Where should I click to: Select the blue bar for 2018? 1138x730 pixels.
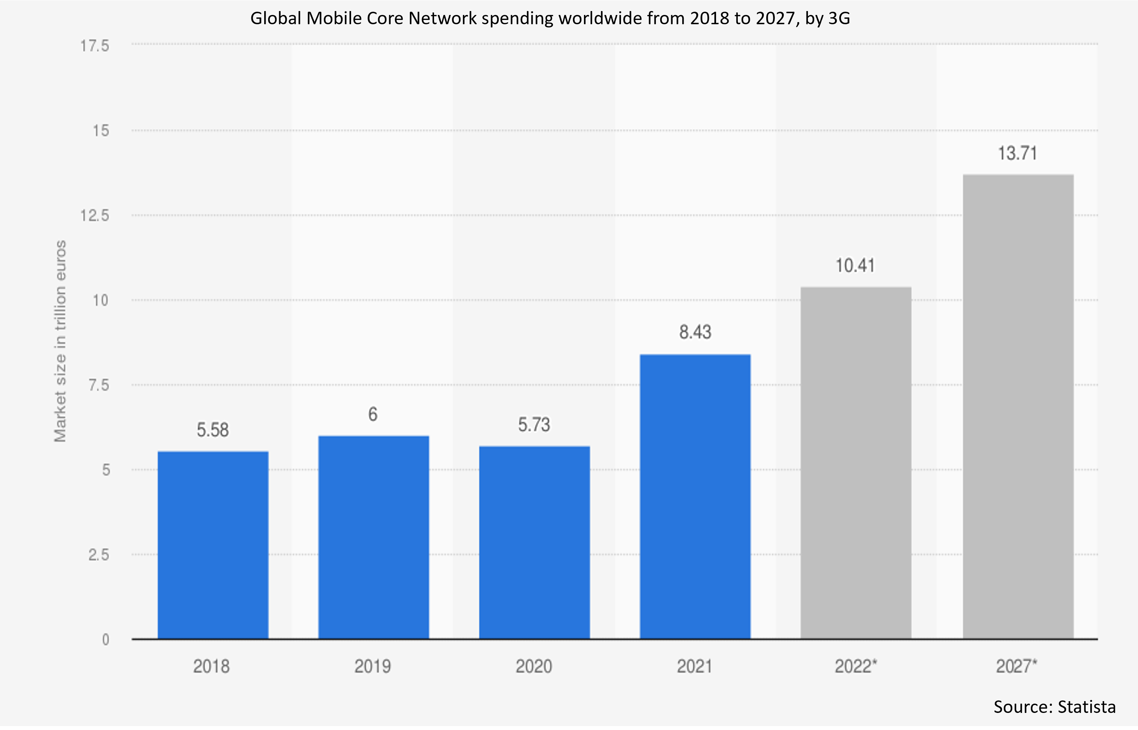[x=213, y=545]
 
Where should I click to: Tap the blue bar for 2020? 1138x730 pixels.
[x=534, y=542]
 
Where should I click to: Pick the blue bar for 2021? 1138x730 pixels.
[x=695, y=496]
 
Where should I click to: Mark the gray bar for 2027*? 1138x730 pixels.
[x=1018, y=407]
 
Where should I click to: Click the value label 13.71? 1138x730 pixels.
[x=1018, y=153]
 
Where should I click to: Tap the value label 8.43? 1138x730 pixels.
[x=695, y=332]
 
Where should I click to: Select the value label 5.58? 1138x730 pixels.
[x=213, y=430]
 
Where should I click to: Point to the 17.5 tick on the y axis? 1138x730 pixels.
[x=95, y=46]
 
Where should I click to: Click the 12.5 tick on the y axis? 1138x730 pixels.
[x=95, y=216]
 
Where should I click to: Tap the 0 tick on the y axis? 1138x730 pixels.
[x=106, y=640]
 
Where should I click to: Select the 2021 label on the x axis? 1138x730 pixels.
[x=694, y=667]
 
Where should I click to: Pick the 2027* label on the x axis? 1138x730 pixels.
[x=1017, y=667]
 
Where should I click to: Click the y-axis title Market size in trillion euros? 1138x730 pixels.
[x=60, y=341]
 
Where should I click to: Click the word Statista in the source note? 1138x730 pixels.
[x=1086, y=707]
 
